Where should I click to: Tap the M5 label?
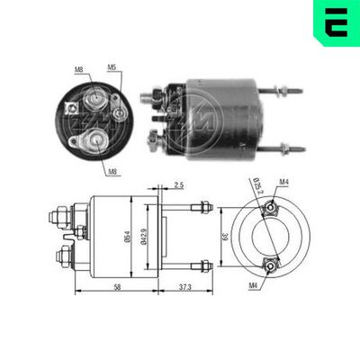(112, 66)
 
